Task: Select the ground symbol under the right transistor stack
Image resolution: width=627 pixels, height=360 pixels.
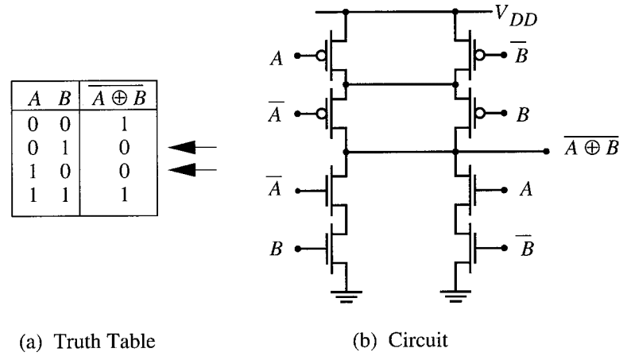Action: tap(455, 299)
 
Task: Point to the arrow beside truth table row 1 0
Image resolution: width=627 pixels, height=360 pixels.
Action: tap(194, 168)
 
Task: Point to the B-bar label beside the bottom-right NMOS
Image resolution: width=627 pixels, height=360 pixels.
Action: tap(526, 246)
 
